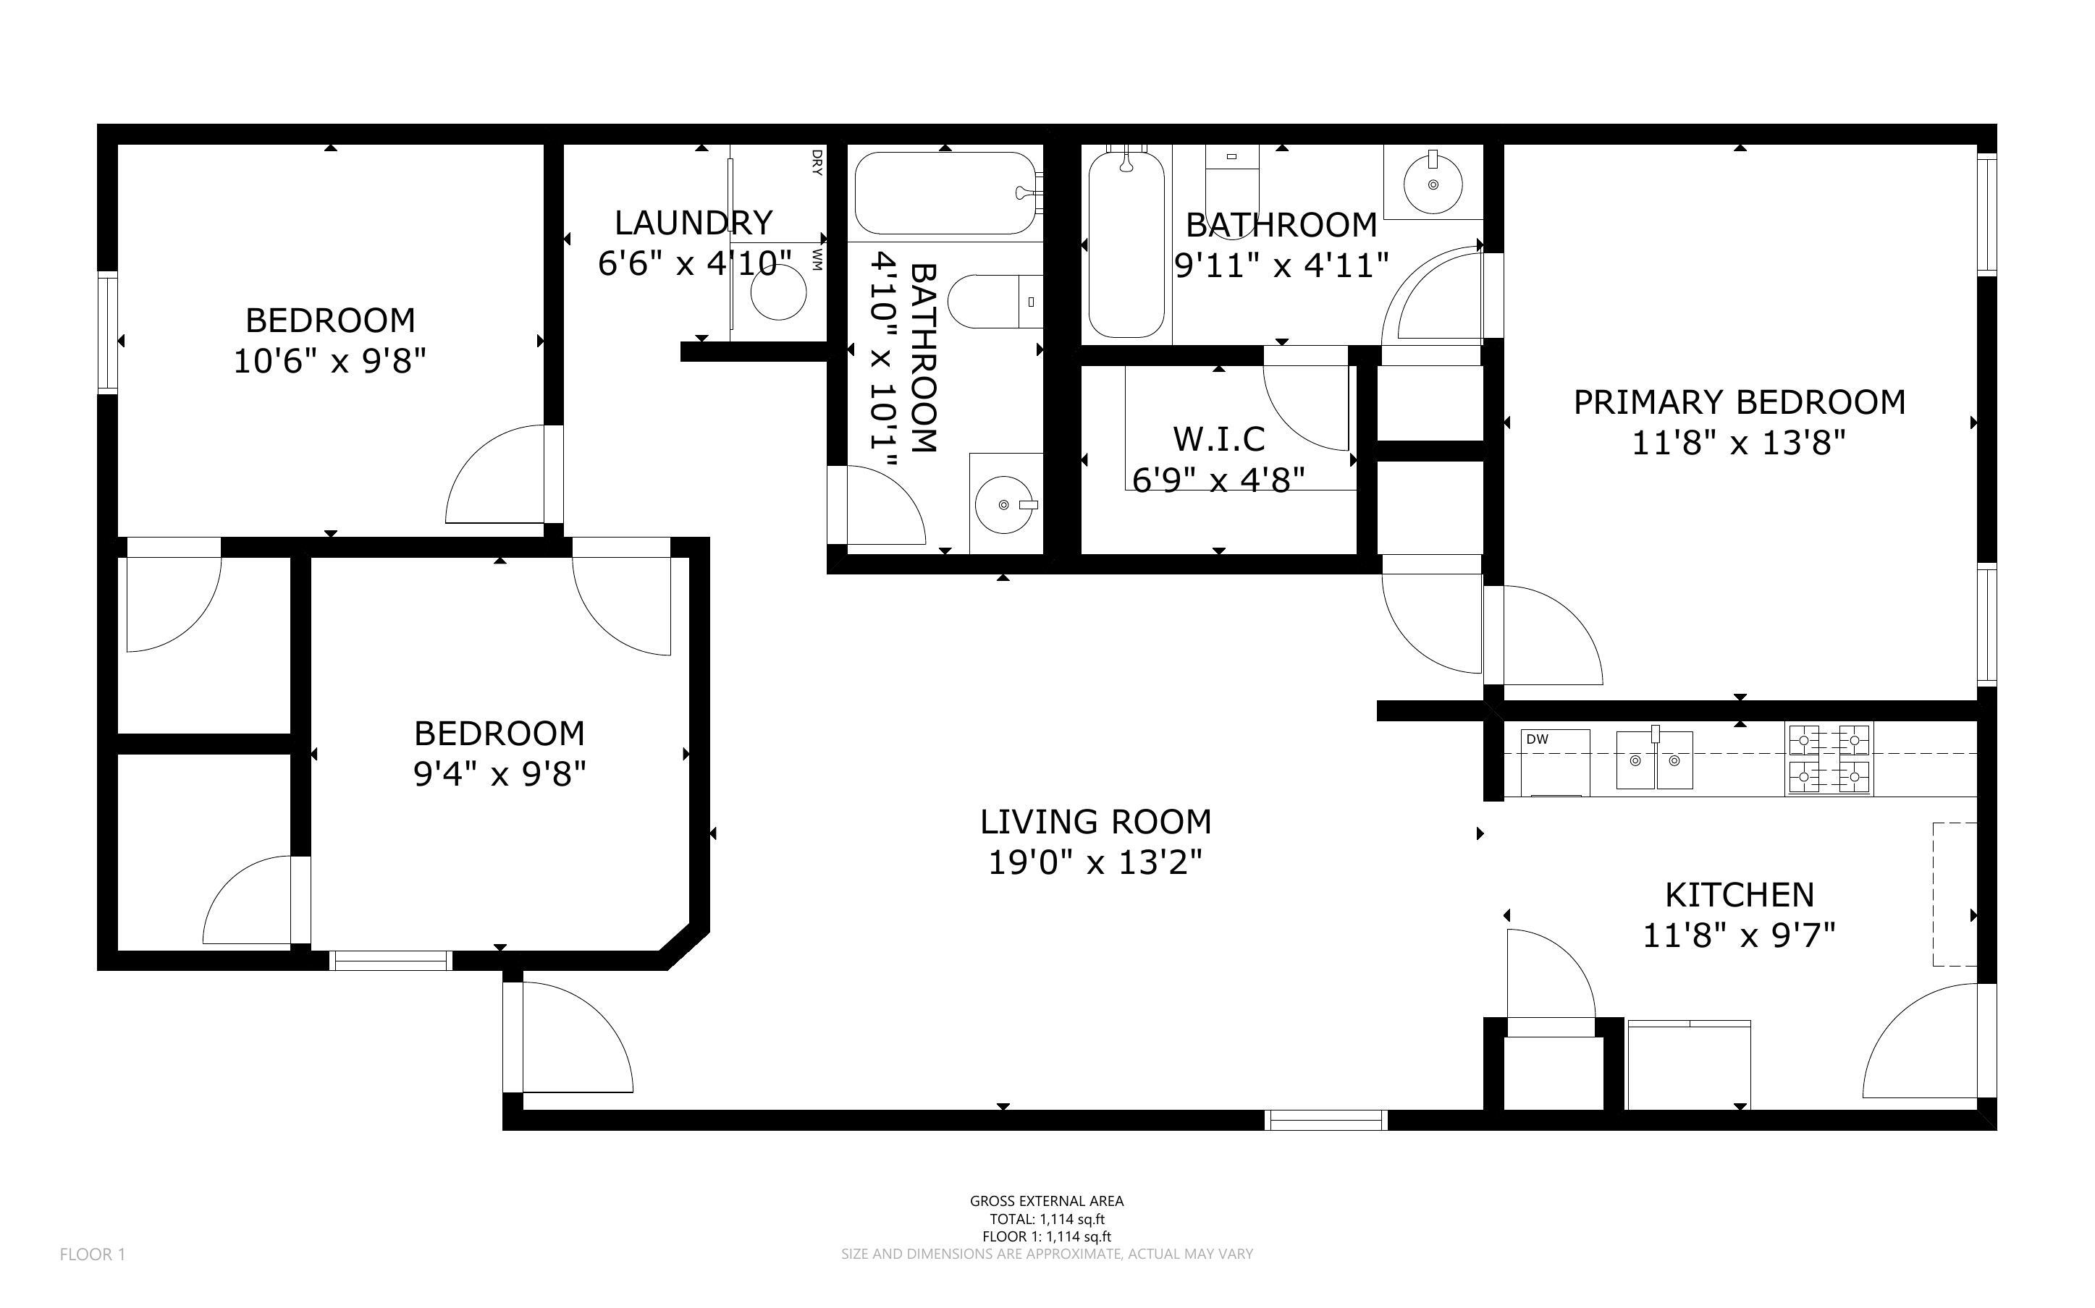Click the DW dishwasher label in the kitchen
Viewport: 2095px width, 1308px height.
[x=1537, y=739]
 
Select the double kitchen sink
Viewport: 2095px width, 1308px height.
[x=1655, y=760]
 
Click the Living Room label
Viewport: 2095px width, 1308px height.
[x=1095, y=821]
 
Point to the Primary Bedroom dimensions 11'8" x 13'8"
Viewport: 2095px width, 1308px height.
[x=1740, y=443]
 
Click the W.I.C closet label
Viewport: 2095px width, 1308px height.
[x=1218, y=438]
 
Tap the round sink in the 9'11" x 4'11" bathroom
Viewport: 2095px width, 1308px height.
[x=1433, y=184]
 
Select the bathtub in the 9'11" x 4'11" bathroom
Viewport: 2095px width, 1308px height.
[x=1125, y=243]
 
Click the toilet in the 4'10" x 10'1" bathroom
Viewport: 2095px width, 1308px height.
[x=996, y=301]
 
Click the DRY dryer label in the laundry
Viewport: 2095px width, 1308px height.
[x=816, y=163]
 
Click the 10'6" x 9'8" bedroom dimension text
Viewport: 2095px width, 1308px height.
[x=331, y=361]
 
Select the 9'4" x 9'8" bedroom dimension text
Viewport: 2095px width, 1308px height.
[x=500, y=773]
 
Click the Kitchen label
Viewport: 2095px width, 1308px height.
[x=1740, y=893]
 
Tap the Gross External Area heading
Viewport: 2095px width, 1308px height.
[x=1047, y=1201]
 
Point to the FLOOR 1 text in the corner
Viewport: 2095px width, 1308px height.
[x=93, y=1254]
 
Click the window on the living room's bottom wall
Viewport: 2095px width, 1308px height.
[x=1325, y=1121]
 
